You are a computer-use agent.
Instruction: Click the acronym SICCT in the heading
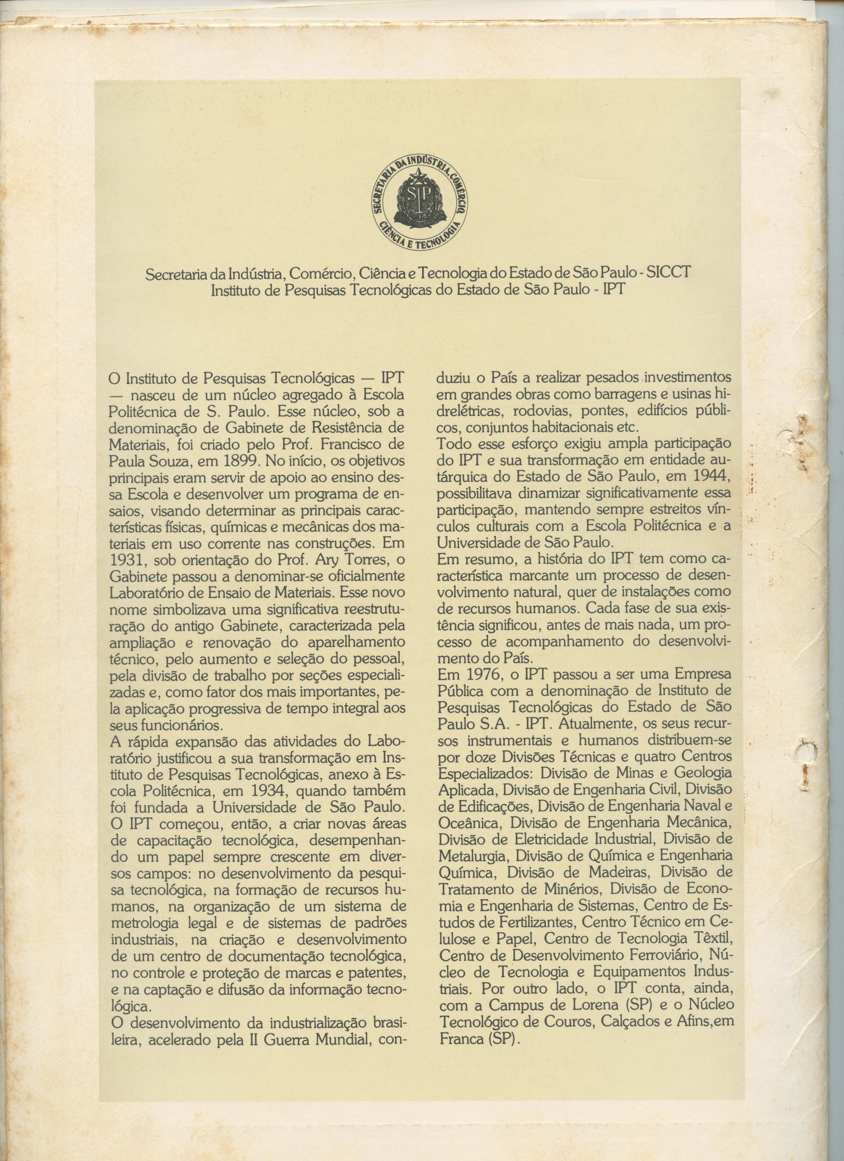[x=668, y=273]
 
